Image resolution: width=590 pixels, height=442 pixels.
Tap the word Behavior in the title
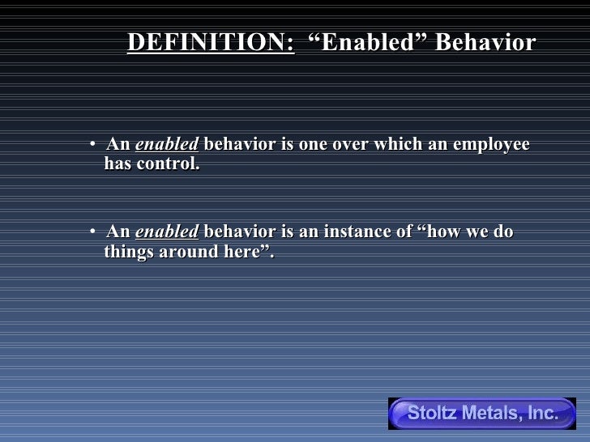[485, 43]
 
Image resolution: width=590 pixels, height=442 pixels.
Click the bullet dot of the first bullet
[94, 145]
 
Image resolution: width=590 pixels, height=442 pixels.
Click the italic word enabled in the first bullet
[166, 145]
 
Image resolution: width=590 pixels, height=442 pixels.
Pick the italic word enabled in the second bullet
[166, 232]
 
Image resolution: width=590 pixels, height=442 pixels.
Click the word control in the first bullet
[169, 164]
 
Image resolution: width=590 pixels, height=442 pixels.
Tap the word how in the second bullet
[444, 232]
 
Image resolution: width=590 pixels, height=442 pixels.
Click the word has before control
[118, 164]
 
